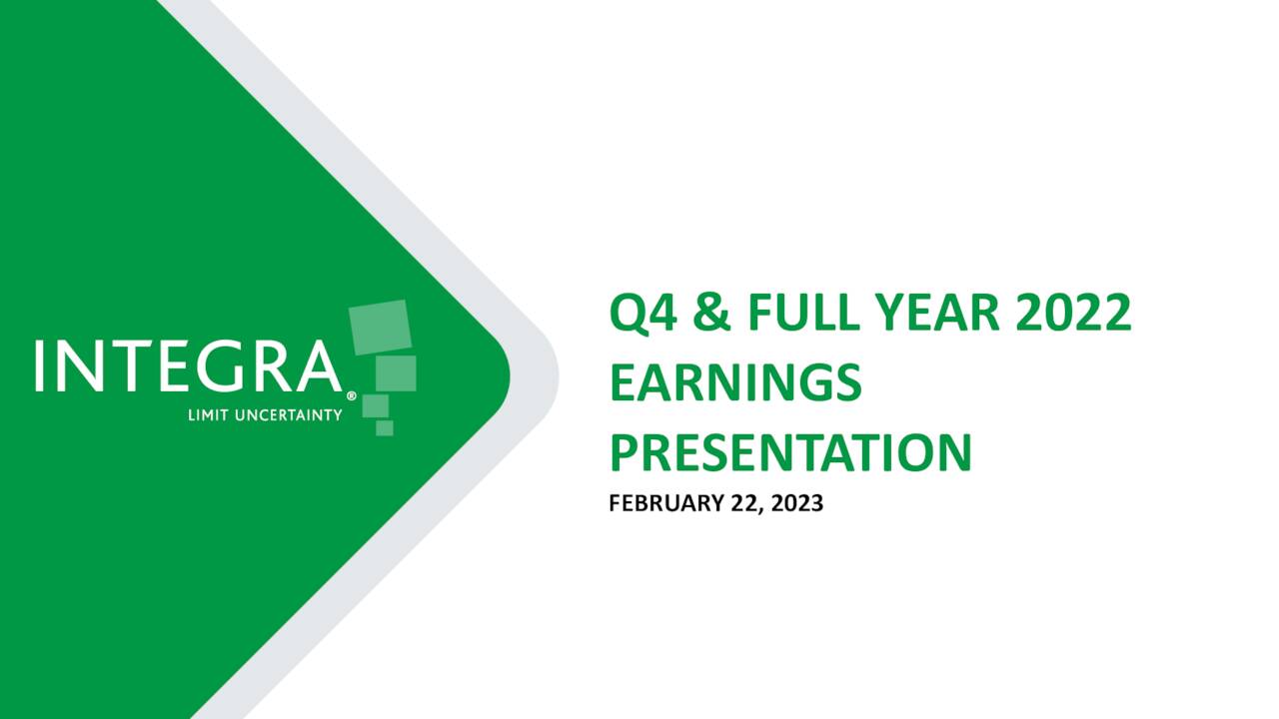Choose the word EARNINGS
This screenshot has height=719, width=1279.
click(735, 384)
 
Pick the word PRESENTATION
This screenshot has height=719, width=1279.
click(790, 452)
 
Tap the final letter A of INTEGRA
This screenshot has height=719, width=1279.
click(318, 366)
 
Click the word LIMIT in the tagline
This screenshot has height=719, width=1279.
click(208, 415)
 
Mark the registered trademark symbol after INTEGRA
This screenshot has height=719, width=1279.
click(350, 395)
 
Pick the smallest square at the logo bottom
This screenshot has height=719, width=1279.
click(384, 427)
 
